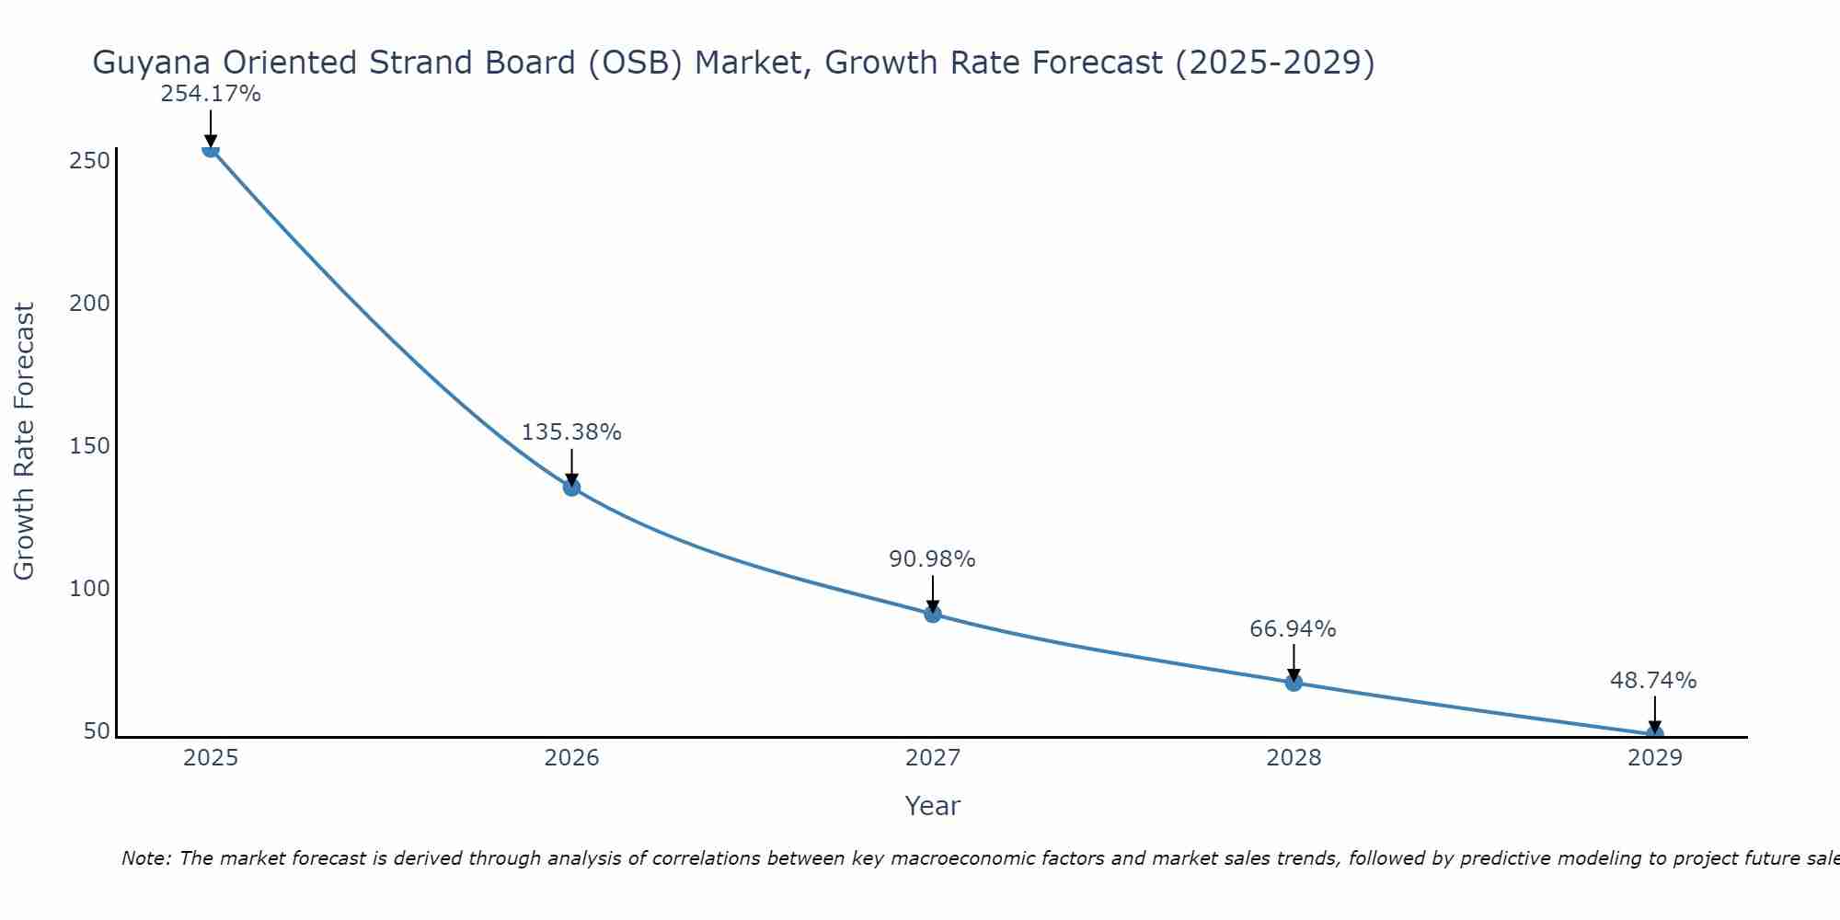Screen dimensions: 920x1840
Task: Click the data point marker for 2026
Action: click(571, 487)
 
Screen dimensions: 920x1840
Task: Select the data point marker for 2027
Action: click(933, 614)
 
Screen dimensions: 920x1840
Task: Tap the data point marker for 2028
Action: click(1294, 682)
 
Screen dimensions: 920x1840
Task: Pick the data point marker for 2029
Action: click(1654, 733)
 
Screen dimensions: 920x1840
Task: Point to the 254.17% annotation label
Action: click(211, 94)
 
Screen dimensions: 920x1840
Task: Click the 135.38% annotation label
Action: click(571, 432)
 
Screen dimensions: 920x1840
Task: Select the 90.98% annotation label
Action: click(932, 559)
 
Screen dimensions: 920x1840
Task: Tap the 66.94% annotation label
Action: click(1293, 629)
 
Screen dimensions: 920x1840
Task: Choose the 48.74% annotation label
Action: click(1653, 681)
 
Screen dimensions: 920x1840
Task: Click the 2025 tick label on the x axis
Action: click(211, 758)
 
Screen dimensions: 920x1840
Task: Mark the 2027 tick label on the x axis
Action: click(933, 758)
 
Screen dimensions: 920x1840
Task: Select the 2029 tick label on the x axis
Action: click(1654, 758)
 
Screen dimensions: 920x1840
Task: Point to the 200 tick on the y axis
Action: click(89, 304)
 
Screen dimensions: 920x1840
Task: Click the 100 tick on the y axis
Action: click(89, 589)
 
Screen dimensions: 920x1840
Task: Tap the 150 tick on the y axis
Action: click(89, 446)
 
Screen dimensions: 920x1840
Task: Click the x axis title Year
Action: click(932, 806)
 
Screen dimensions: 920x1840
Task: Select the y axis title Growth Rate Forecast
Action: click(25, 442)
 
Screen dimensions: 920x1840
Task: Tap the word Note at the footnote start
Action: click(144, 858)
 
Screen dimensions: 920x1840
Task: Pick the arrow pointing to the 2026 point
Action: click(571, 467)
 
